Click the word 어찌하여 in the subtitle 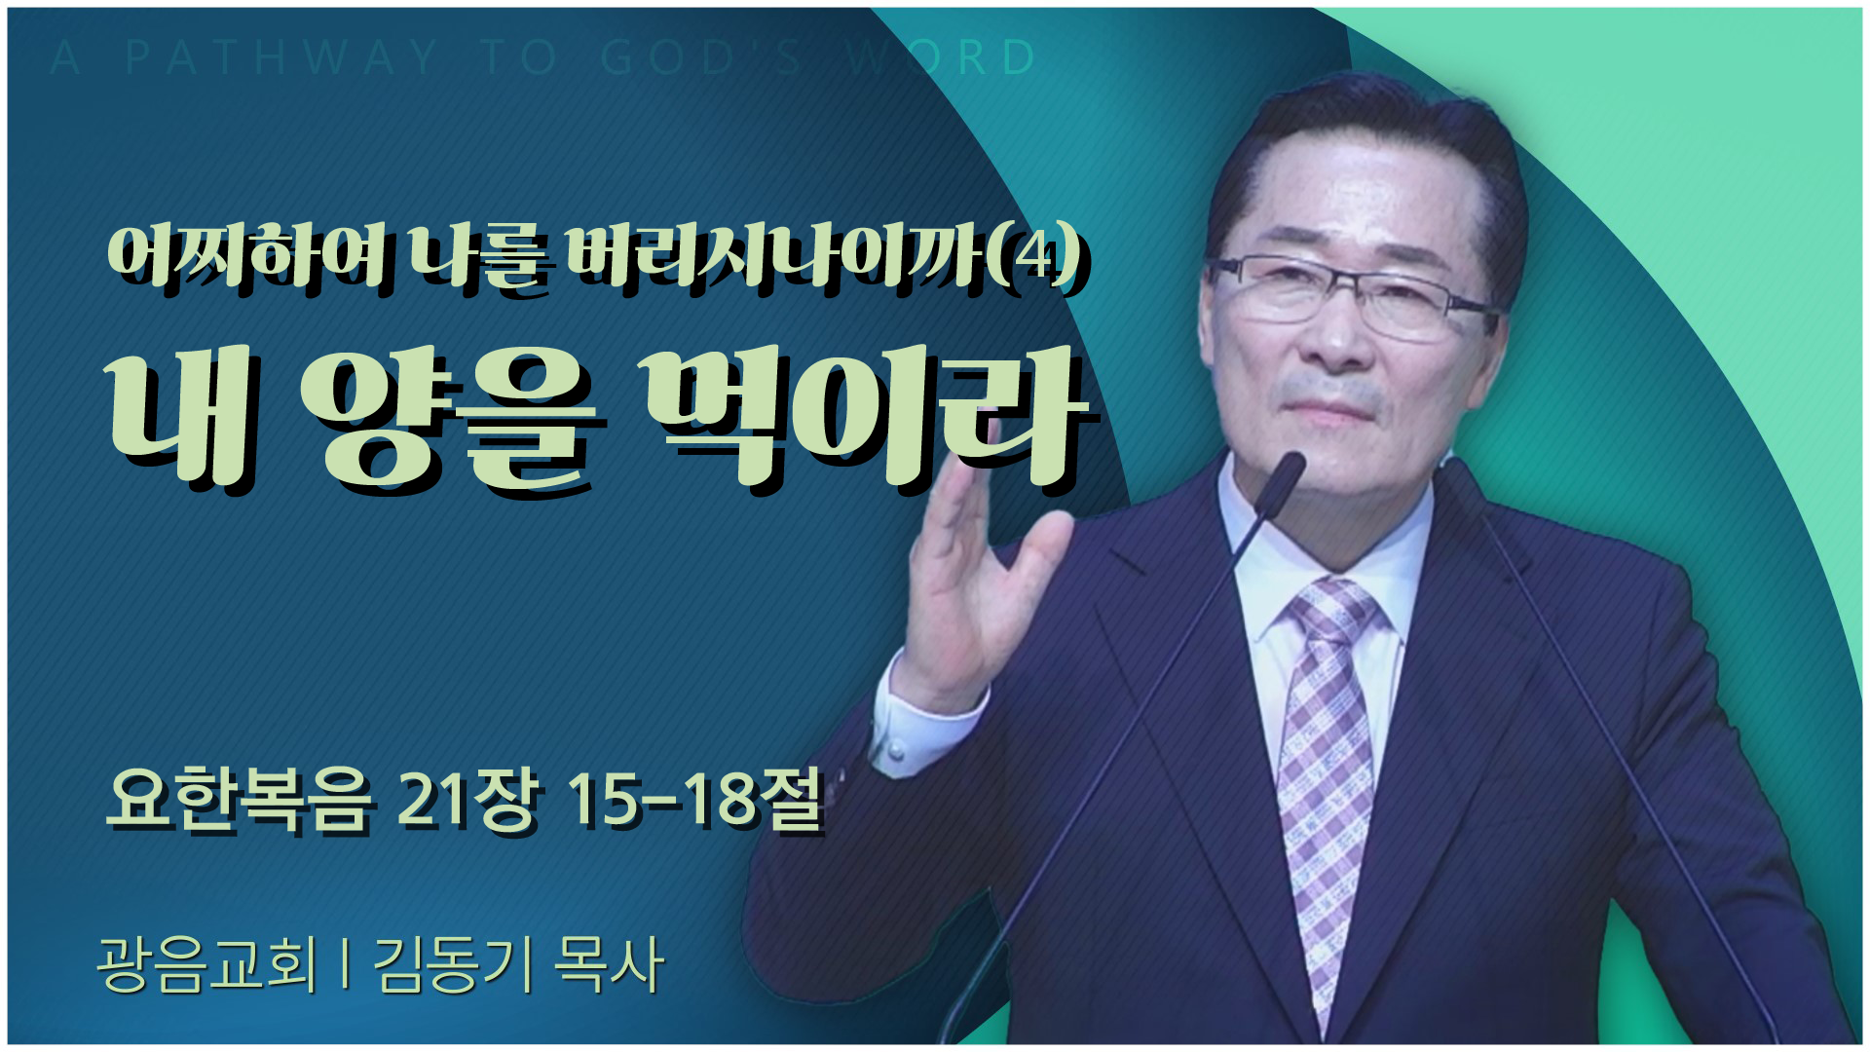247,256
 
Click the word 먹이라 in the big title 865,419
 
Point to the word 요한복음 240,802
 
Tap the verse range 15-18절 694,802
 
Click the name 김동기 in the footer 453,965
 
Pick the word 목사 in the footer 609,965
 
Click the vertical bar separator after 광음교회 346,965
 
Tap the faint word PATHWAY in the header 281,57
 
